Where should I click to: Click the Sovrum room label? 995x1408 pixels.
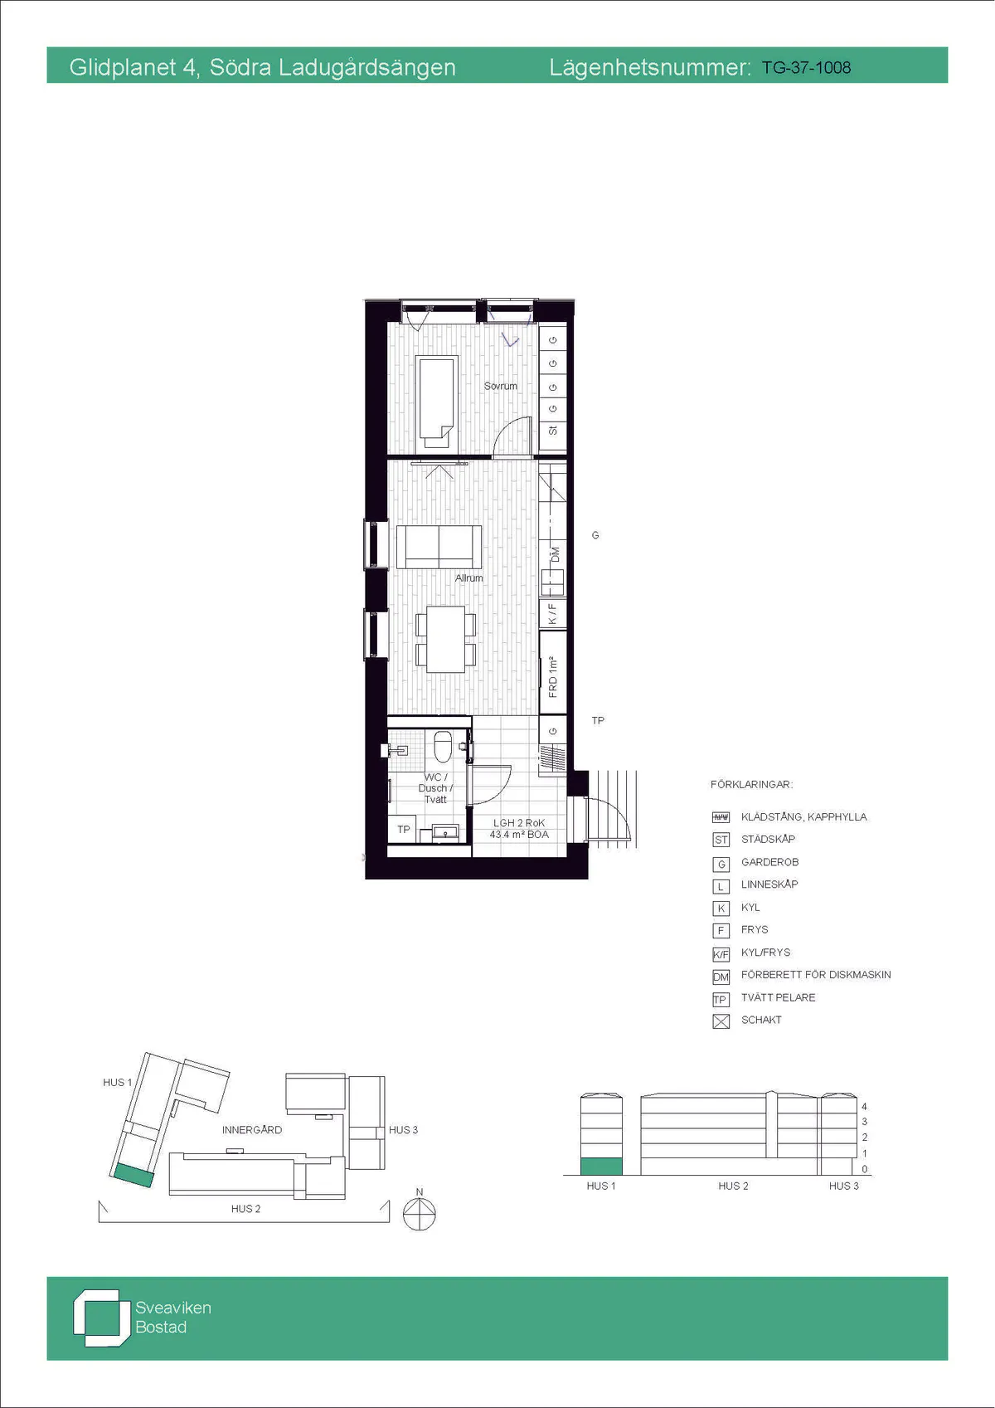click(x=500, y=386)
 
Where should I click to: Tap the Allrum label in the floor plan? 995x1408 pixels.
click(x=468, y=577)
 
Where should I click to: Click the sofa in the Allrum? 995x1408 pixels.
click(x=439, y=547)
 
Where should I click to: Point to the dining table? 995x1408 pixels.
click(x=446, y=639)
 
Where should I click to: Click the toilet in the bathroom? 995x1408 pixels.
click(x=443, y=745)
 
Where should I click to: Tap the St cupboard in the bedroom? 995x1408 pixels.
click(x=553, y=431)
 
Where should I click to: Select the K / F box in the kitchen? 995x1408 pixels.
click(x=553, y=613)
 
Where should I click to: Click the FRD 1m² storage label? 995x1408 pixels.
click(x=553, y=677)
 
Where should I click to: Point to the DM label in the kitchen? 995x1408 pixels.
click(x=555, y=554)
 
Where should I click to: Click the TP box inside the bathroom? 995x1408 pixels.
click(x=403, y=829)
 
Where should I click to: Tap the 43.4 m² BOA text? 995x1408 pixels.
click(x=519, y=834)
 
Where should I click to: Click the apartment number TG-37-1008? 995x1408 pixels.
click(x=806, y=68)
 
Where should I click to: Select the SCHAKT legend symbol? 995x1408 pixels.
click(x=721, y=1021)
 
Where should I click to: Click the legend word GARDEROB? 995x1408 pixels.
click(x=769, y=862)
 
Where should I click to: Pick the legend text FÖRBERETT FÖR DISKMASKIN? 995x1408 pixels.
click(x=816, y=974)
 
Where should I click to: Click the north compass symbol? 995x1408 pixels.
click(x=420, y=1212)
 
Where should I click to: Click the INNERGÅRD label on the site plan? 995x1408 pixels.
click(x=252, y=1129)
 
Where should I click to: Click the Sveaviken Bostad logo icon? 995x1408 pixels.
click(x=97, y=1318)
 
